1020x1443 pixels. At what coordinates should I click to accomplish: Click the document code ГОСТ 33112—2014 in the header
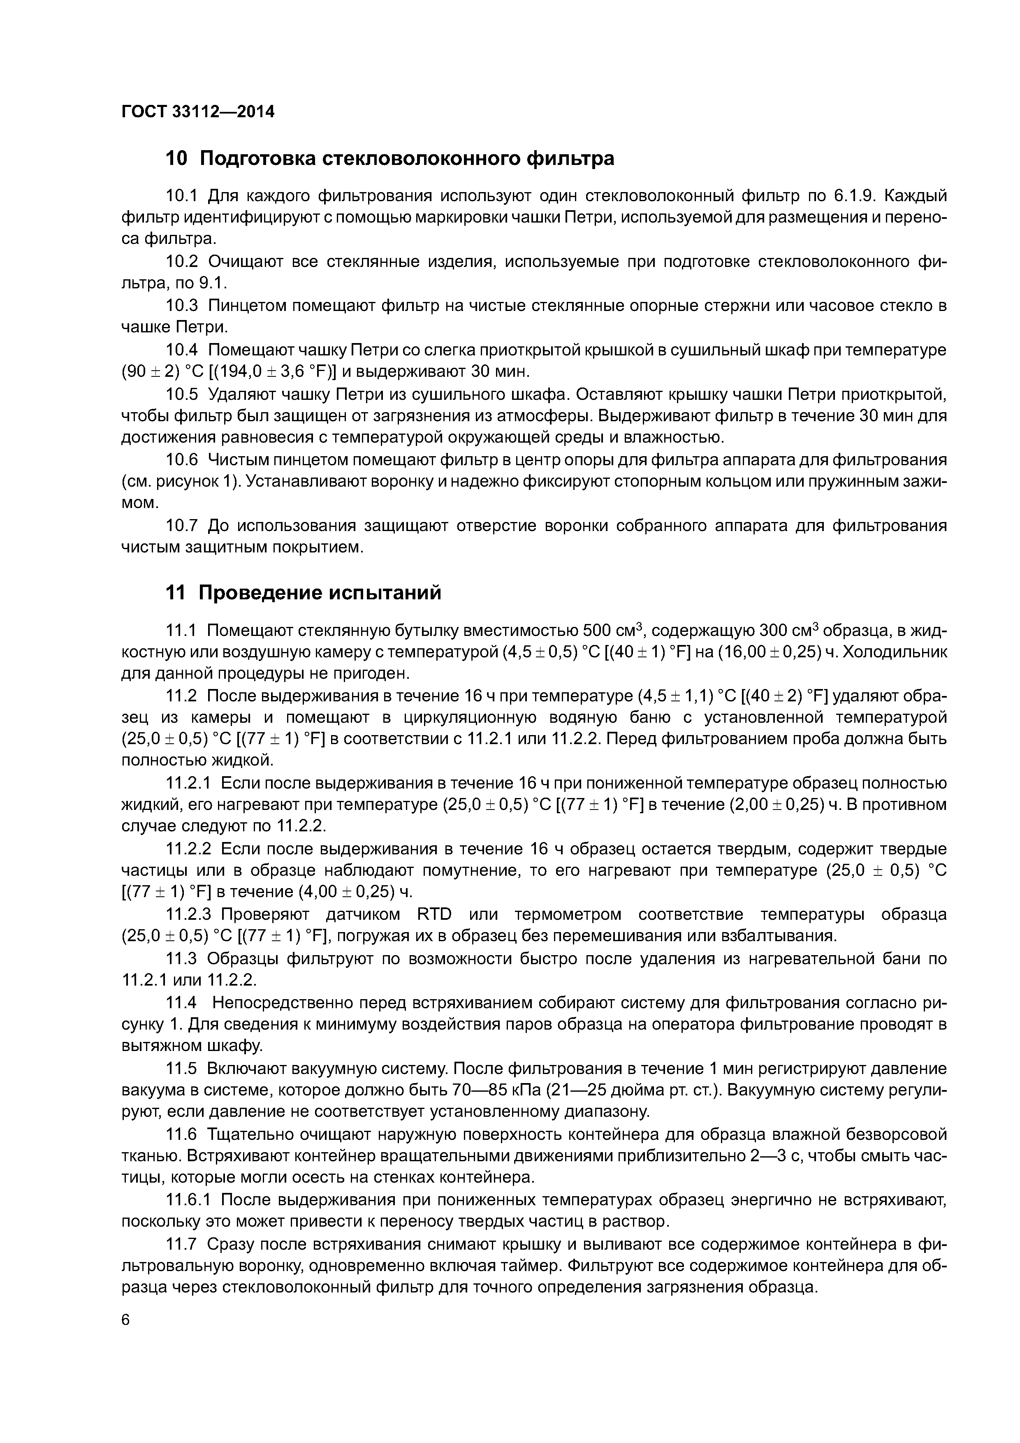pos(198,112)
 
